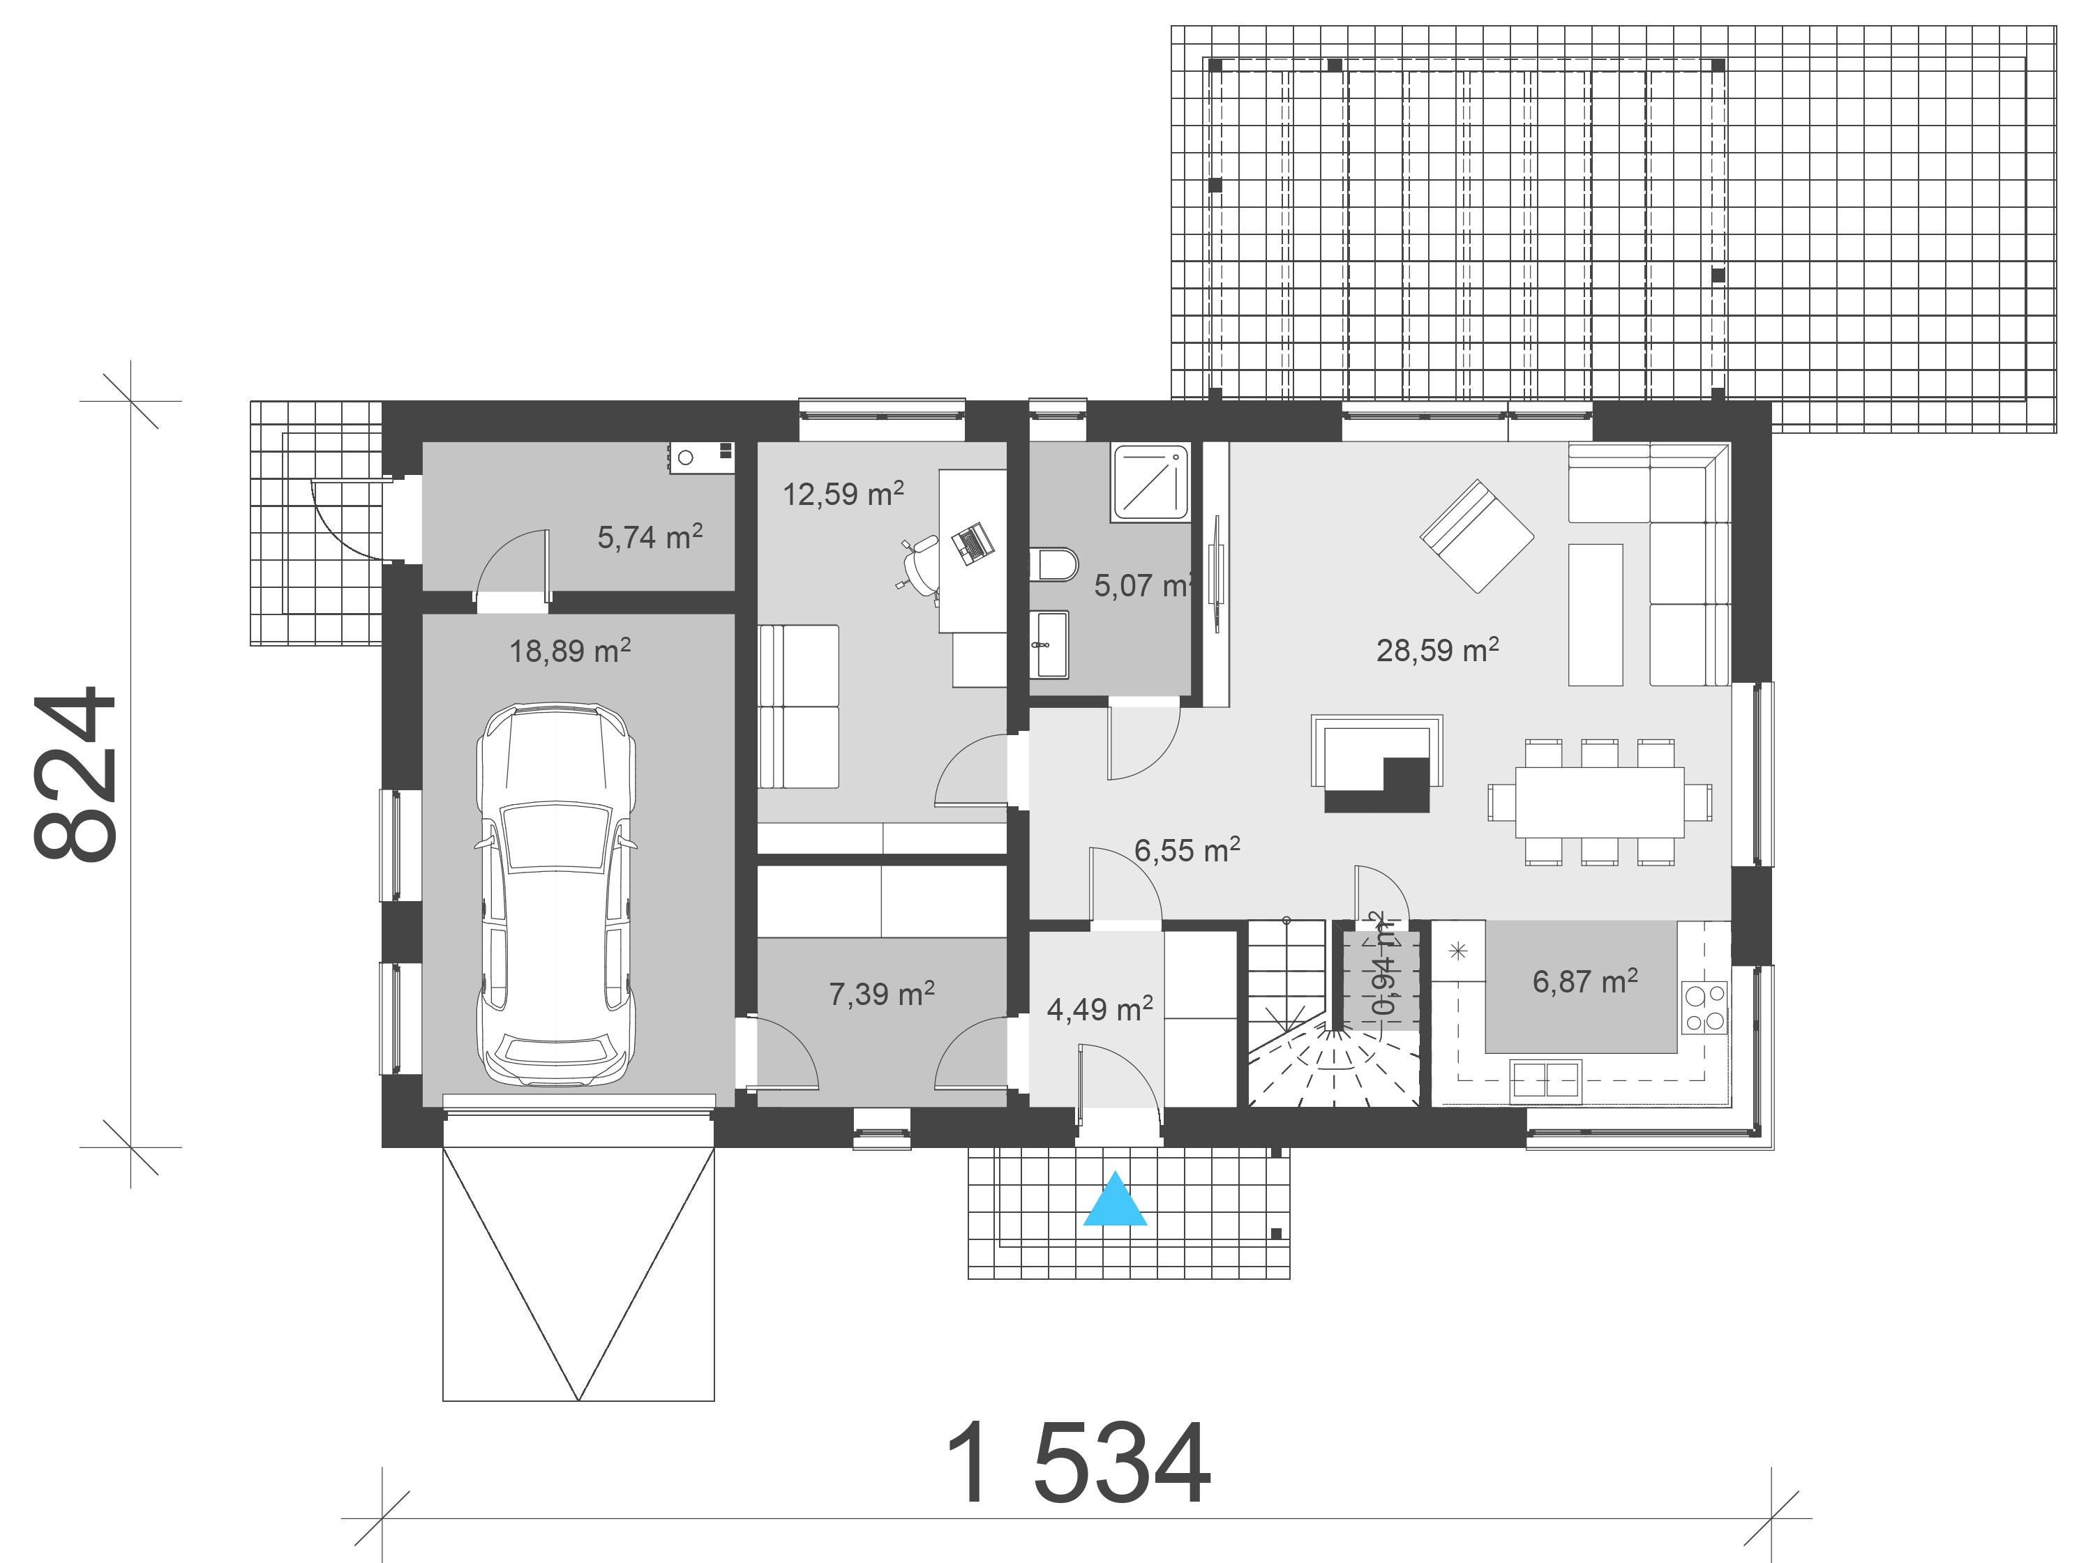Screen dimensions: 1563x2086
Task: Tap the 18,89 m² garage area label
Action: point(569,651)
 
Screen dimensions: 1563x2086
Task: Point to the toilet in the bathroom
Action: point(1054,565)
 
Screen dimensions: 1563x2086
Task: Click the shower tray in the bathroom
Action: point(1150,483)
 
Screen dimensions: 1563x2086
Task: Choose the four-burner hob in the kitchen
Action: point(1705,1008)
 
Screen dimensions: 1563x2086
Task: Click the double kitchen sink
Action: point(1545,1080)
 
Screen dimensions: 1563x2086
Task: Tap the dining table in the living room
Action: point(1600,802)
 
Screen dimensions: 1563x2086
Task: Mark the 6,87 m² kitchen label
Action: point(1584,982)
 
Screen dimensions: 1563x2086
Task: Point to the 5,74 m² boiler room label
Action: point(650,537)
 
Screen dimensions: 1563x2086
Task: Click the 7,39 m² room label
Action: point(882,995)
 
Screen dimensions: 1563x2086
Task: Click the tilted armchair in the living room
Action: point(1477,536)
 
